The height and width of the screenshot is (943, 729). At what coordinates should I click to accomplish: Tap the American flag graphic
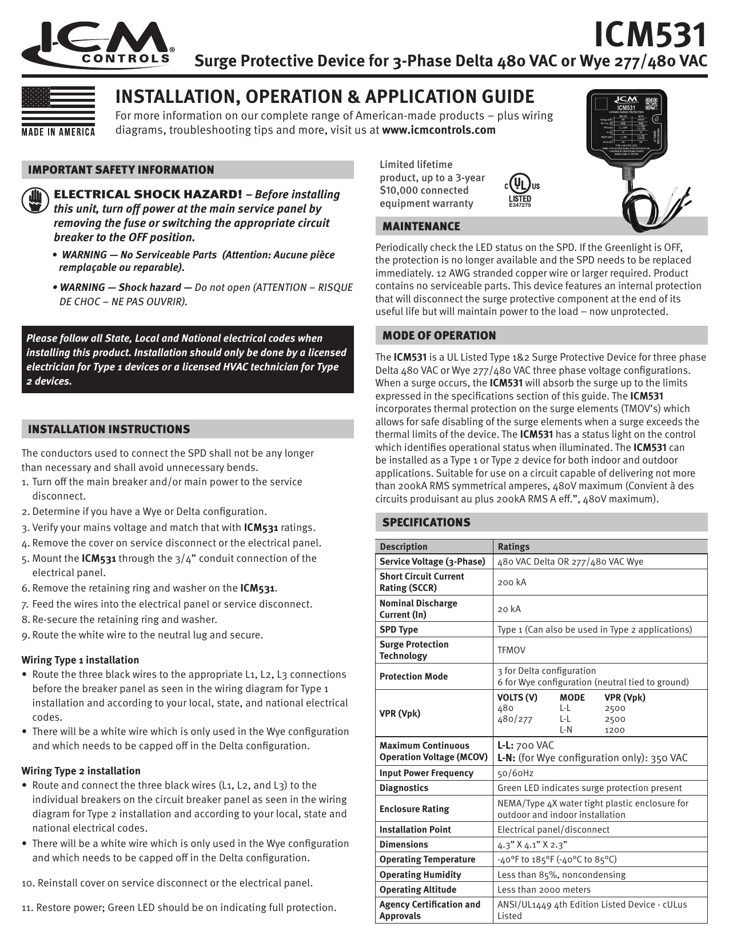click(58, 108)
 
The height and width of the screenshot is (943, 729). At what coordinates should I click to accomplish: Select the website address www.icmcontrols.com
click(439, 130)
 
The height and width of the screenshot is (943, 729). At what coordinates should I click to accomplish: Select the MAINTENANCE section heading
click(421, 227)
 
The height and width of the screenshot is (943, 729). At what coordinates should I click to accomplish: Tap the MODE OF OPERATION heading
click(439, 335)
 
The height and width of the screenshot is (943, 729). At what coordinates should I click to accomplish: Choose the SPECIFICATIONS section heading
click(427, 522)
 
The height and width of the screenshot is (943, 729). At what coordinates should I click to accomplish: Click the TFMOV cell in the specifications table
click(511, 650)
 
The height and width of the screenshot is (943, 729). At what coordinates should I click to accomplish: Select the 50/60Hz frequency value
click(515, 773)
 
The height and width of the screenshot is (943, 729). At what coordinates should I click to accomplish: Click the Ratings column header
click(513, 546)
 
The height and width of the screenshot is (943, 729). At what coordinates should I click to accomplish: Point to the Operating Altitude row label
click(418, 890)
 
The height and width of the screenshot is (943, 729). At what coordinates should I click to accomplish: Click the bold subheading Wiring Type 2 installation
click(81, 771)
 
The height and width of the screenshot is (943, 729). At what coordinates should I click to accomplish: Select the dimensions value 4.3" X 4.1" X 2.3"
click(532, 845)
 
